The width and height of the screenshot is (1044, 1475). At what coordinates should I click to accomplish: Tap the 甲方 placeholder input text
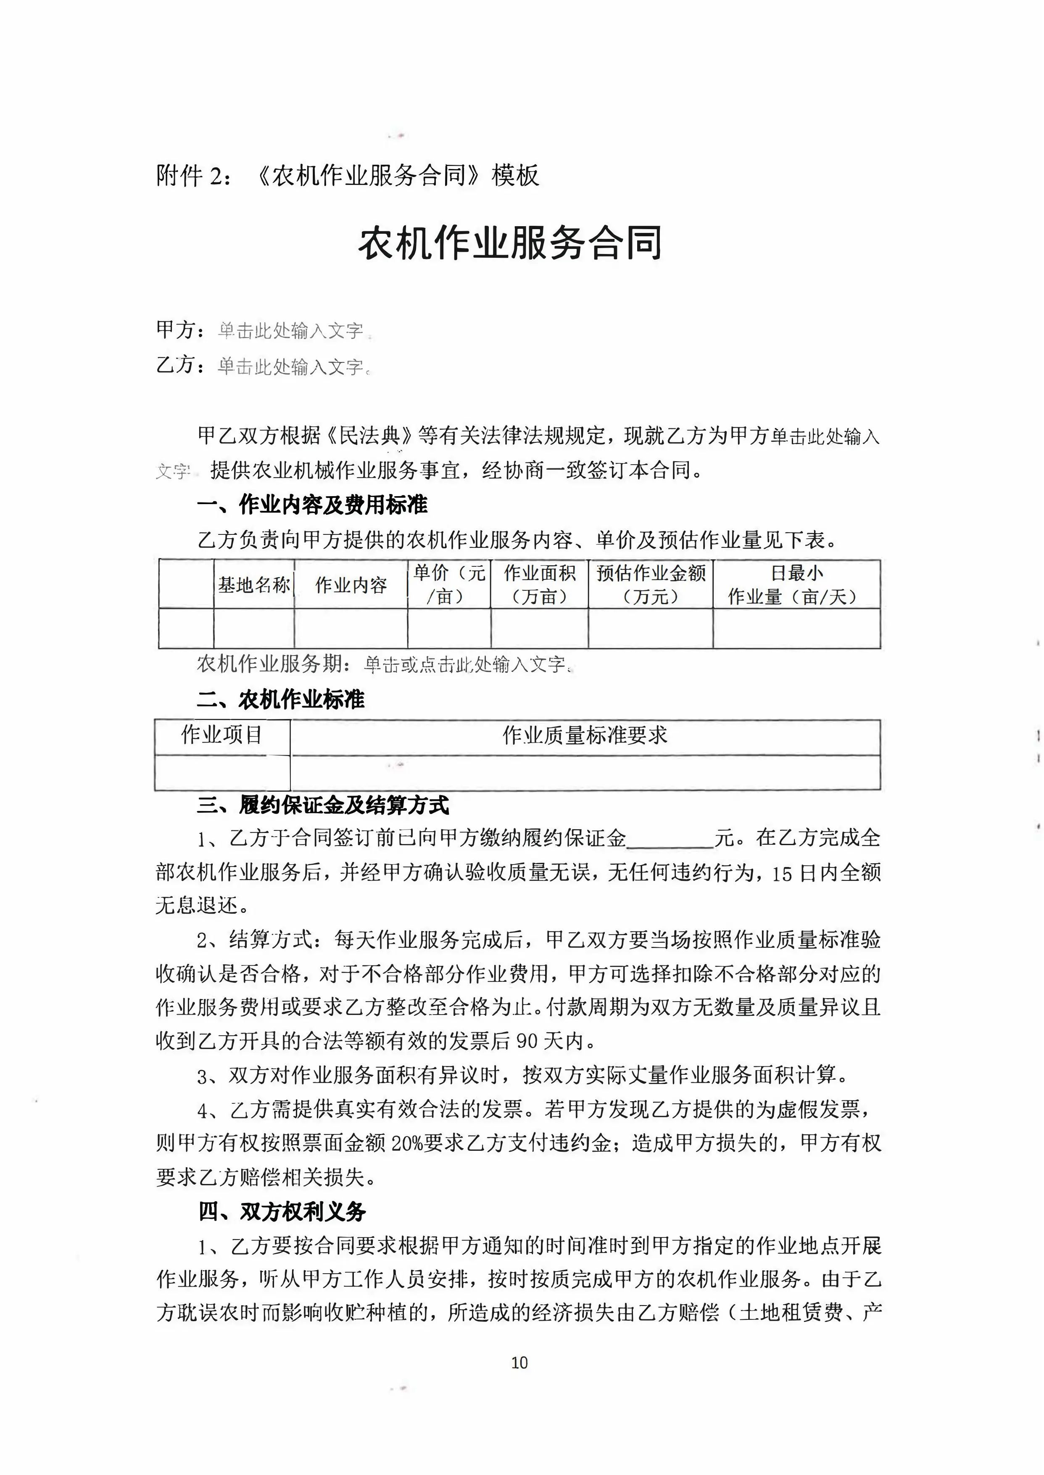tap(291, 331)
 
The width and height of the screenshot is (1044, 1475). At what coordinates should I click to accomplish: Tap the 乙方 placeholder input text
tap(291, 367)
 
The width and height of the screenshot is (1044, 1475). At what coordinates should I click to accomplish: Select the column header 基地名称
tap(254, 585)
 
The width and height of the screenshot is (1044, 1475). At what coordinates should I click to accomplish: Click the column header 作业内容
tap(351, 585)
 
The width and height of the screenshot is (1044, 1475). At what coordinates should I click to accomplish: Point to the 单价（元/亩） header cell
tap(449, 584)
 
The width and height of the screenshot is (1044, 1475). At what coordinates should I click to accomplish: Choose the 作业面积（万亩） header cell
tap(539, 584)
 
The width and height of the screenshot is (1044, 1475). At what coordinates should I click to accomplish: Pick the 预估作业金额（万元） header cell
tap(651, 584)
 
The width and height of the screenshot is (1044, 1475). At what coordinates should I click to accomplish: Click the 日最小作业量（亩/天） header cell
tap(796, 584)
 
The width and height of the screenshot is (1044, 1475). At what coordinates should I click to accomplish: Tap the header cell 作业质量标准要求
tap(585, 735)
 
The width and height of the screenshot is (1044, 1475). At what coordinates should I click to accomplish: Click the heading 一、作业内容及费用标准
tap(312, 505)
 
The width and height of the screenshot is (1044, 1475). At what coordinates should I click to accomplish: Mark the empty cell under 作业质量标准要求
tap(585, 772)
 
